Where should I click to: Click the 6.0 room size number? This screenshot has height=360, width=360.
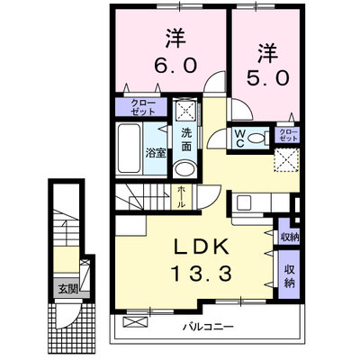point(175,65)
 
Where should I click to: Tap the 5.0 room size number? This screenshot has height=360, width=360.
point(268,78)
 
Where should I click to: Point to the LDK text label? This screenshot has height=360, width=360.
point(202,247)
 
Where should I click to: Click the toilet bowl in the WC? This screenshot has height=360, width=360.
point(256,139)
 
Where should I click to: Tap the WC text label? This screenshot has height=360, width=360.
point(240,139)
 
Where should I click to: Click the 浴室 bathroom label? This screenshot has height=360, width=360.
point(156,153)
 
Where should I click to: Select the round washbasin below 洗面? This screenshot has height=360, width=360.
point(184,169)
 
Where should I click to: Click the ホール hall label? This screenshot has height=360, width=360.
point(181,197)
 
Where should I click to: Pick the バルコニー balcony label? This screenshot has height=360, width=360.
point(209,326)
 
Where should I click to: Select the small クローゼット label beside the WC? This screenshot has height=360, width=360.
point(288,135)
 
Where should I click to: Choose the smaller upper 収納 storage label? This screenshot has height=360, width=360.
point(290,238)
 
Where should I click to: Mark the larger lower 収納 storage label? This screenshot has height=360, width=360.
point(289,276)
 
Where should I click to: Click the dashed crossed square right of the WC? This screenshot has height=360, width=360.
point(286,160)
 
